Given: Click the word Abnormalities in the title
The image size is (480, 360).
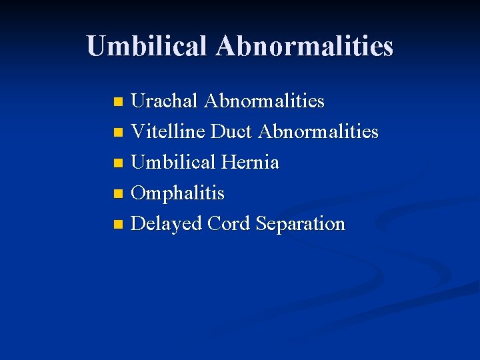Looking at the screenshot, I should tap(305, 46).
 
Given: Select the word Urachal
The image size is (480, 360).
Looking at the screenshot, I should tap(164, 101).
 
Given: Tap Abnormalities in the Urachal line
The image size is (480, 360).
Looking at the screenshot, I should tap(264, 101).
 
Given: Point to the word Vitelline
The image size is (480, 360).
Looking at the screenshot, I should tap(168, 132).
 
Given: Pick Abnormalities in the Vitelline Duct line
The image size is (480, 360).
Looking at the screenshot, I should tap(318, 132).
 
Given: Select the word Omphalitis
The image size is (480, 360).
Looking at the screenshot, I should tap(177, 193).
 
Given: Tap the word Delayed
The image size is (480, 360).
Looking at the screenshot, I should tap(167, 224).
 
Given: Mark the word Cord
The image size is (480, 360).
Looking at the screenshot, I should tap(229, 224).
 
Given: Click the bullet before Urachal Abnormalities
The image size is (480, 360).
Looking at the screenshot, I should tap(118, 103).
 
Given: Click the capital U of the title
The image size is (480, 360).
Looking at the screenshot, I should tap(97, 46).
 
